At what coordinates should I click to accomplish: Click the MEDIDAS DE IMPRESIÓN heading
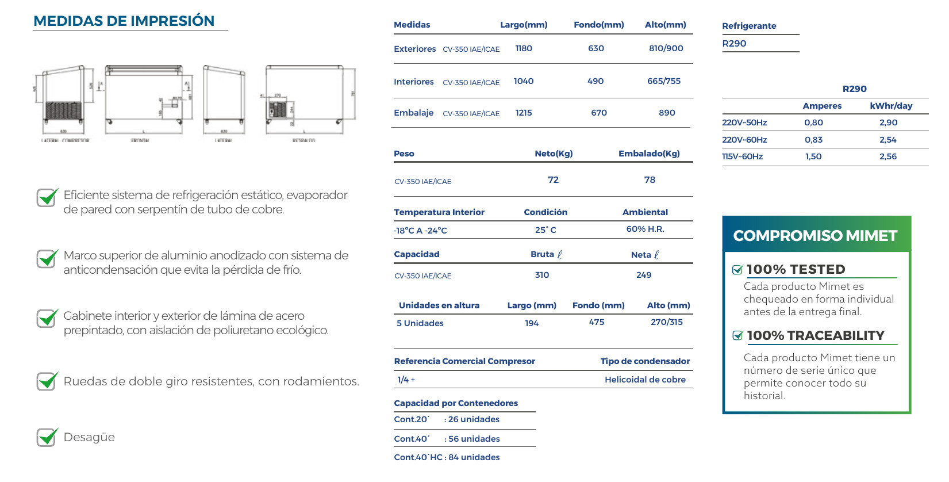(x=124, y=21)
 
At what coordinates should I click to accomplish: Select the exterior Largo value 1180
(x=524, y=48)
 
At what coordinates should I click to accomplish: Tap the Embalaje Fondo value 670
(x=599, y=113)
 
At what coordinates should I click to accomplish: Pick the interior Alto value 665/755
(x=664, y=81)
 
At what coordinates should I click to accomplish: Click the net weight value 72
(x=553, y=180)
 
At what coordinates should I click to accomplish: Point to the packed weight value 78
(x=650, y=180)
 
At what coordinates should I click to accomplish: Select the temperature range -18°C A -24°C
(x=420, y=231)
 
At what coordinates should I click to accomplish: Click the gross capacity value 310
(x=542, y=275)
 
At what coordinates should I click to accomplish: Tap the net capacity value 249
(x=644, y=275)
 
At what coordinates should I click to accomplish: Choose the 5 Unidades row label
(x=420, y=323)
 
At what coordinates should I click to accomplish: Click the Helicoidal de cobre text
(x=645, y=380)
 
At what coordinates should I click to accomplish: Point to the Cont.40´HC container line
(x=447, y=457)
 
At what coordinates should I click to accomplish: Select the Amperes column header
(x=822, y=106)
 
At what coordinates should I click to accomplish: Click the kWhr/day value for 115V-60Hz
(x=888, y=156)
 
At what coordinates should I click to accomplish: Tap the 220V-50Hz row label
(x=744, y=123)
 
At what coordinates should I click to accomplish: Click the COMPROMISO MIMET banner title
(x=815, y=236)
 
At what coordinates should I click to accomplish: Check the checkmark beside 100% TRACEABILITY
(x=737, y=336)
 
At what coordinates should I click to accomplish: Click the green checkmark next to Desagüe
(x=47, y=437)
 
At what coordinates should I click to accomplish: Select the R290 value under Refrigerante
(x=734, y=44)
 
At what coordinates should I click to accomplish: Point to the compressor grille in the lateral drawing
(x=63, y=110)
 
